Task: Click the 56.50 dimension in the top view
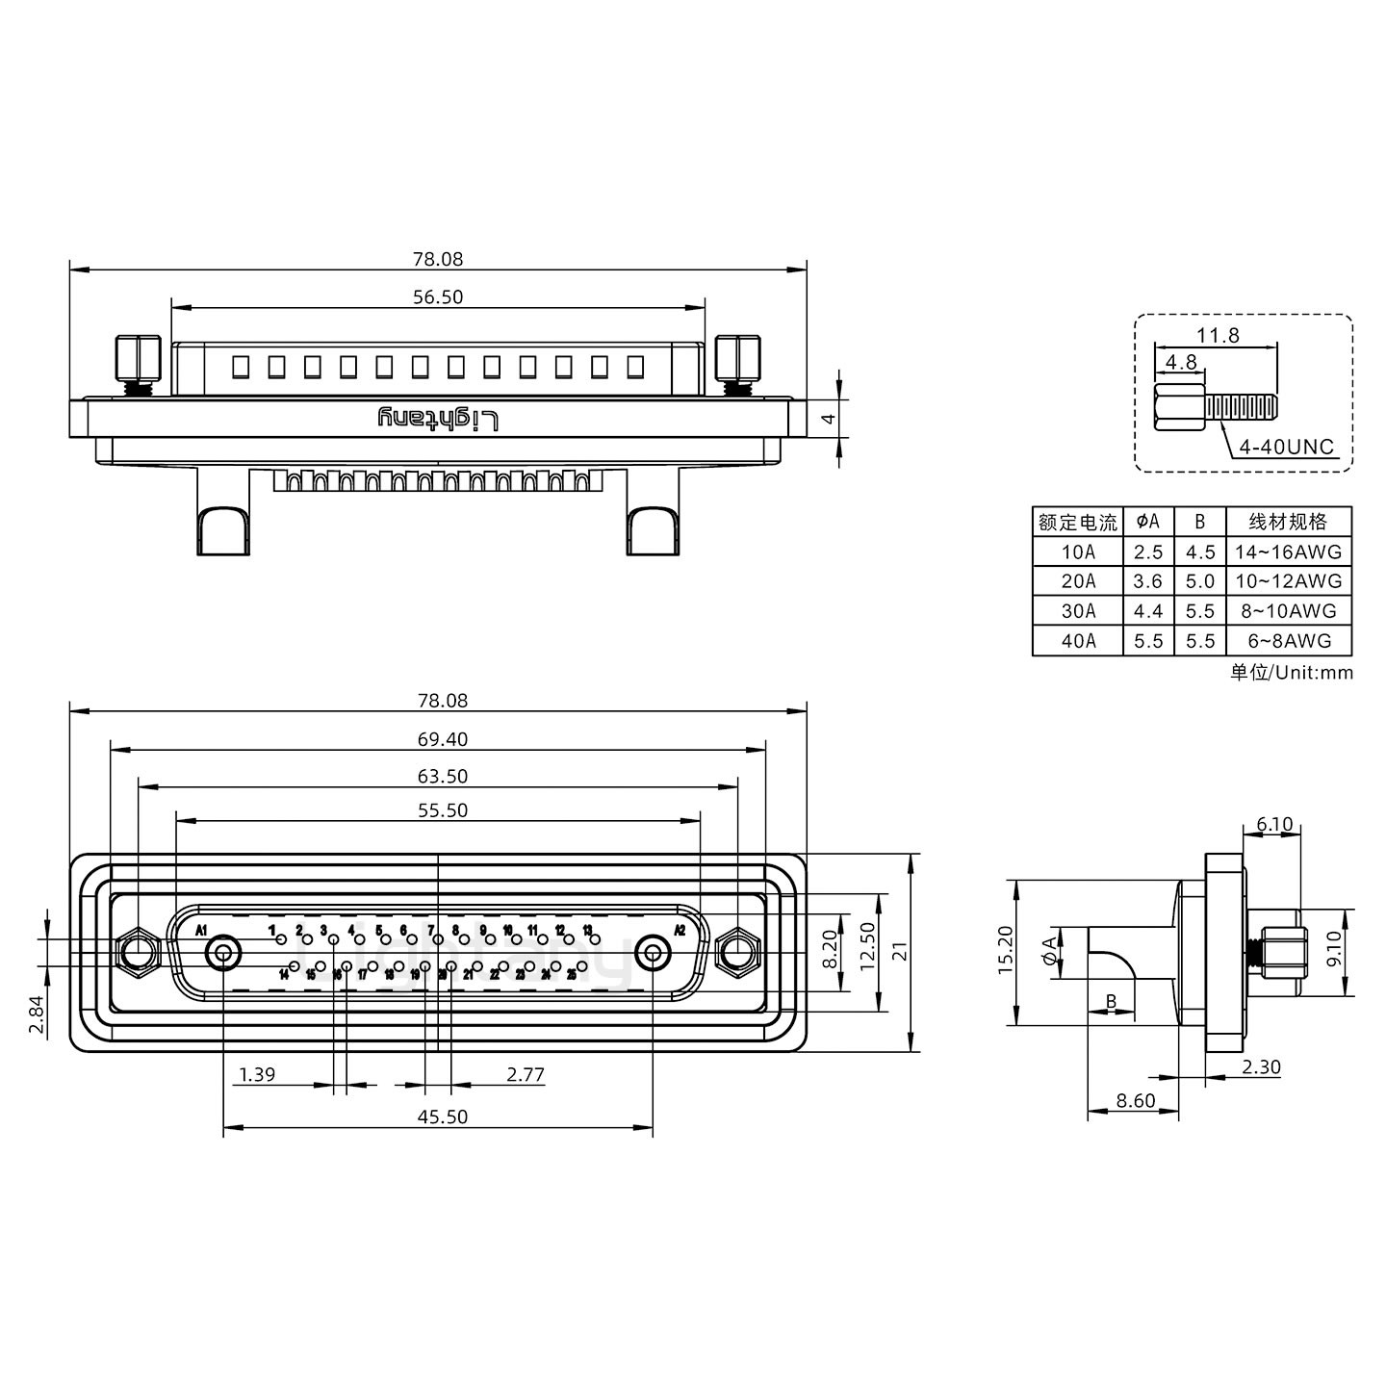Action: (438, 297)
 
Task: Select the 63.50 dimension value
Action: (443, 776)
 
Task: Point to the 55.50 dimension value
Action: (443, 810)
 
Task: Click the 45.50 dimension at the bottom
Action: (443, 1116)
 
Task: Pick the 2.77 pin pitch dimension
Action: (526, 1075)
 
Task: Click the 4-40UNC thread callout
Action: (1286, 447)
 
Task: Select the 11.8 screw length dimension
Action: (1218, 335)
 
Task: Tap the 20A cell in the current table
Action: (1078, 581)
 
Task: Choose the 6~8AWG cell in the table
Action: (1288, 641)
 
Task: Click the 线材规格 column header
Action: (1288, 522)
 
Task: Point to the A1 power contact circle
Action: (223, 954)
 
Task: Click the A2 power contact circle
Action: (654, 954)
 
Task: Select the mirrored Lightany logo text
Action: (439, 420)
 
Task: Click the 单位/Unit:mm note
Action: (1291, 673)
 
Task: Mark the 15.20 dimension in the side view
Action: (1005, 952)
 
